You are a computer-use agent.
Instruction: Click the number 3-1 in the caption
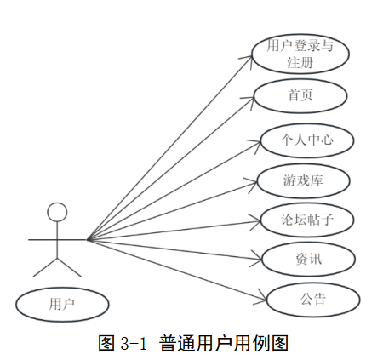click(134, 343)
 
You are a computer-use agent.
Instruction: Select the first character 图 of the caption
click(106, 343)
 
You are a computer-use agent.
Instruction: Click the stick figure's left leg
click(45, 267)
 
